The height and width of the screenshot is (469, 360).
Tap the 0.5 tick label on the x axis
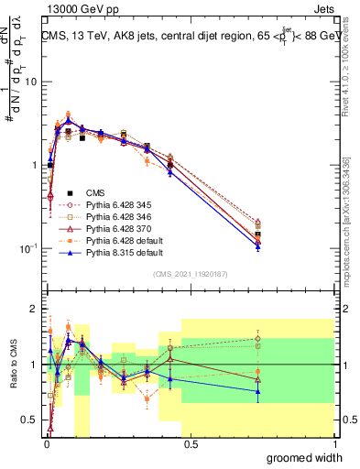(x=191, y=444)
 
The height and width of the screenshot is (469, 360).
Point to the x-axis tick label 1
(x=334, y=444)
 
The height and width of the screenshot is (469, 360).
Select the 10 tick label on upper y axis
(x=29, y=82)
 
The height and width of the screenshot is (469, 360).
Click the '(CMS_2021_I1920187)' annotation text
(x=191, y=274)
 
